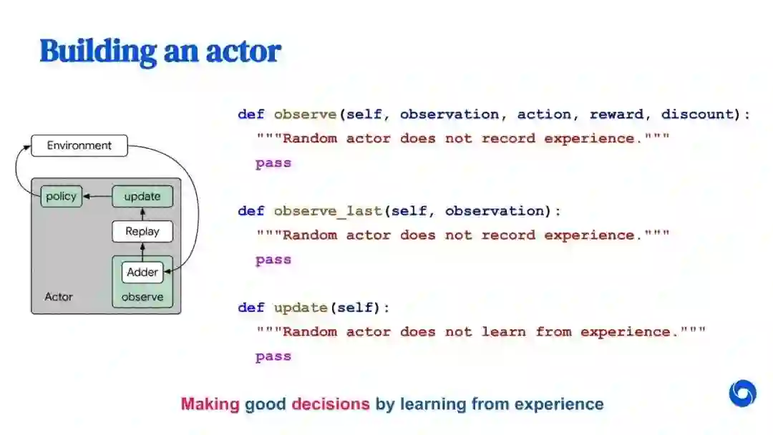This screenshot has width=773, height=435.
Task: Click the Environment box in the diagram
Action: click(x=79, y=146)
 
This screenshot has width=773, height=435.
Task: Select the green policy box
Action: click(x=61, y=196)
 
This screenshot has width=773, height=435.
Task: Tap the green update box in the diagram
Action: click(x=142, y=196)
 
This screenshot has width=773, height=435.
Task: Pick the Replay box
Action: click(x=142, y=231)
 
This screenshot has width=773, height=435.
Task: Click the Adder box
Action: click(x=142, y=272)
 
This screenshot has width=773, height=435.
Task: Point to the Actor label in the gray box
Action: click(x=59, y=296)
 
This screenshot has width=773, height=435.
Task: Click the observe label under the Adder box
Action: click(x=142, y=296)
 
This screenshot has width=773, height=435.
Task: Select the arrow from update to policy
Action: click(x=97, y=196)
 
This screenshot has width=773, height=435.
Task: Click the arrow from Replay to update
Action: click(x=142, y=214)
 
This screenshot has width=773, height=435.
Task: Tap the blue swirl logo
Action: click(x=742, y=394)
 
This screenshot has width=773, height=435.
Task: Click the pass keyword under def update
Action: click(x=273, y=356)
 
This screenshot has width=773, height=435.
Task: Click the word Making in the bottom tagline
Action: click(x=210, y=404)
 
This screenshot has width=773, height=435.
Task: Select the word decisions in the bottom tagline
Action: click(x=331, y=404)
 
